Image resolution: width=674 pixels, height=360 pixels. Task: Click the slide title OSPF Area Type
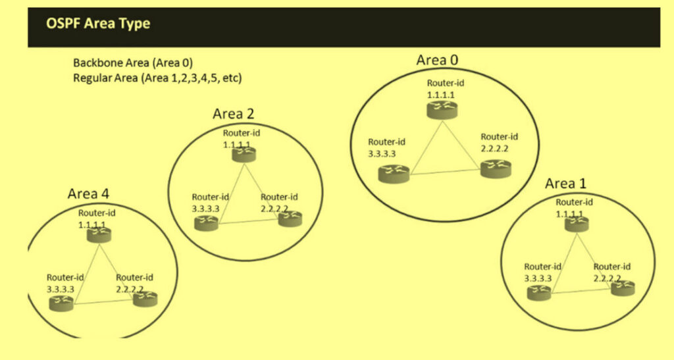click(98, 23)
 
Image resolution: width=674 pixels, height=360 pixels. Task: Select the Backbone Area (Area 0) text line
click(133, 63)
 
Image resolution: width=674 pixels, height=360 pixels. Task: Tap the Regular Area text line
click(157, 78)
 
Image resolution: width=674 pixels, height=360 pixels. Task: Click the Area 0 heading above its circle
click(437, 60)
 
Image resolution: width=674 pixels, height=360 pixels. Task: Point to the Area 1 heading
click(565, 184)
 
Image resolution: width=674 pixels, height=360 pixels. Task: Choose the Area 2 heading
click(234, 114)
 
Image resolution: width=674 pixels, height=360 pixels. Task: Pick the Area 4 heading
click(88, 193)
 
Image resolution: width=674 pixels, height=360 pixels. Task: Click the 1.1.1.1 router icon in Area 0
click(442, 110)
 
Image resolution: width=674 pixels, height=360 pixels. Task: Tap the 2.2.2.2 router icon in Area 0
click(496, 169)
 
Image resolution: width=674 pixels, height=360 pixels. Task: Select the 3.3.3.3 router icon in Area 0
click(394, 174)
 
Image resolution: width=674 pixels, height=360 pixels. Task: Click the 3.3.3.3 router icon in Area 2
click(206, 223)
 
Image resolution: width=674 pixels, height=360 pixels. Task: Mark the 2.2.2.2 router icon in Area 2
click(290, 219)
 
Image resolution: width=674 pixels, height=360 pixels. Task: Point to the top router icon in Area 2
click(244, 154)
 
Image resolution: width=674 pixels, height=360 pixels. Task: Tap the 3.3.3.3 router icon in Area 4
click(61, 303)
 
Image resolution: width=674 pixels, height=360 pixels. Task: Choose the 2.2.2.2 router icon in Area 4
click(145, 299)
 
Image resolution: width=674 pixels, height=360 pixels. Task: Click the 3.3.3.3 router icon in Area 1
click(539, 293)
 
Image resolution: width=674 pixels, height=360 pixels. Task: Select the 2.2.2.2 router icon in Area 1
click(623, 288)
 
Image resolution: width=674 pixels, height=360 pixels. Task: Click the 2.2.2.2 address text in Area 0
click(494, 149)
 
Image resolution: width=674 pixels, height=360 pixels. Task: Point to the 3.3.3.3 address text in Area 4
click(60, 290)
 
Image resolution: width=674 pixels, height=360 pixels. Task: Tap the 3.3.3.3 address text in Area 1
click(538, 278)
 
